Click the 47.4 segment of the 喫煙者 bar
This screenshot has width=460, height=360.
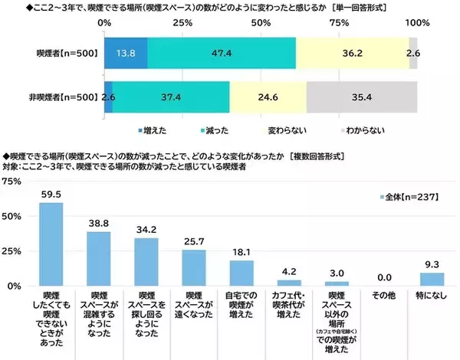click(x=222, y=53)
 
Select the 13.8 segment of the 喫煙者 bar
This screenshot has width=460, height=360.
click(x=125, y=53)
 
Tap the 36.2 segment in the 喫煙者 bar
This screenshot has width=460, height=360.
click(x=353, y=53)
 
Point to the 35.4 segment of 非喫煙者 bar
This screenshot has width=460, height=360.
click(x=362, y=97)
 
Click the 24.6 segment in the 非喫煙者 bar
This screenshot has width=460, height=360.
click(x=268, y=97)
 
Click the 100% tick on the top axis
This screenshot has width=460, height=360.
click(x=417, y=22)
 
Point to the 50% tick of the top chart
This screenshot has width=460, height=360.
click(x=261, y=22)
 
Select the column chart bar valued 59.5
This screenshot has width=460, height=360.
click(x=51, y=244)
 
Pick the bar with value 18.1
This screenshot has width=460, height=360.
click(x=242, y=273)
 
